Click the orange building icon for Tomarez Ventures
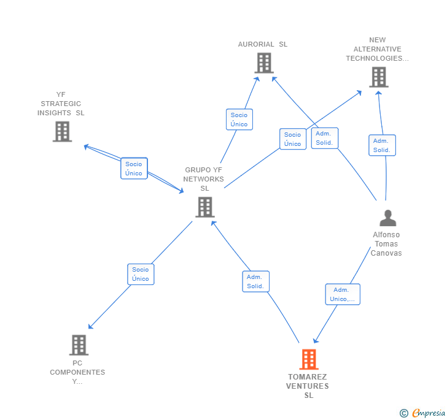(x=309, y=359)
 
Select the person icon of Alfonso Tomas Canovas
(x=387, y=218)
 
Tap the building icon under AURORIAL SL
(x=263, y=63)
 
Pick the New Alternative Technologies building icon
(x=378, y=77)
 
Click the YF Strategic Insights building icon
(x=62, y=131)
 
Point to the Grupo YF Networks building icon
(x=204, y=207)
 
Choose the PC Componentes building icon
(x=79, y=345)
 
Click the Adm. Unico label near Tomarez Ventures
(x=343, y=294)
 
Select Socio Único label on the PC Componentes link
(x=141, y=274)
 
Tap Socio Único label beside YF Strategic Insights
(x=134, y=169)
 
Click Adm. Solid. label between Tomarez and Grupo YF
(x=255, y=281)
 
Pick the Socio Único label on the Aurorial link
(x=239, y=120)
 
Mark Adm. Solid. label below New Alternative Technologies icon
(x=382, y=145)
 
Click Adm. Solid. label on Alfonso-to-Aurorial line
(x=324, y=138)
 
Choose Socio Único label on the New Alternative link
(x=293, y=139)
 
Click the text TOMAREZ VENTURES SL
(x=308, y=386)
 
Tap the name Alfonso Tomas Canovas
(x=386, y=244)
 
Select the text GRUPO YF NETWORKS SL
(x=204, y=179)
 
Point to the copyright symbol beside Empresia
(x=404, y=414)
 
